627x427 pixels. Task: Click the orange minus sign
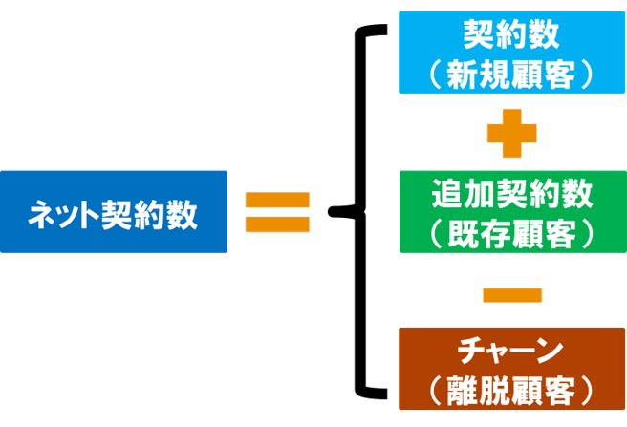[512, 295]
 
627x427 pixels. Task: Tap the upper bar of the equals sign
[277, 201]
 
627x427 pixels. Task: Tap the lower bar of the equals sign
[277, 224]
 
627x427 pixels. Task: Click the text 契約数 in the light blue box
[511, 36]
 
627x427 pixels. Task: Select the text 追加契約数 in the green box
[511, 194]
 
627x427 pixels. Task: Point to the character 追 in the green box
[446, 194]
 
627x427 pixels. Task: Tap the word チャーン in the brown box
[511, 352]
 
